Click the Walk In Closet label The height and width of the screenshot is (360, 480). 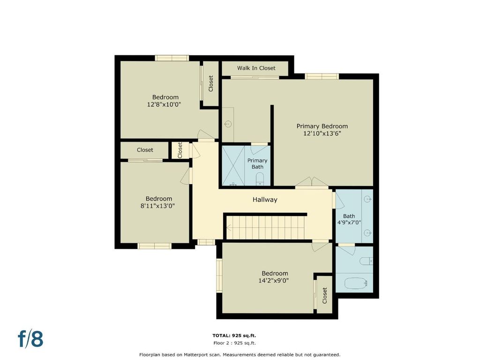256,68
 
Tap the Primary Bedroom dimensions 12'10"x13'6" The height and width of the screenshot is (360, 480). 322,134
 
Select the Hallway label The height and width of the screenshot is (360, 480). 265,200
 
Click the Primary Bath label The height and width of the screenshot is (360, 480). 257,164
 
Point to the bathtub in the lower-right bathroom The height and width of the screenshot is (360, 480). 356,283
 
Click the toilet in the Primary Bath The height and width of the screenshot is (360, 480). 260,179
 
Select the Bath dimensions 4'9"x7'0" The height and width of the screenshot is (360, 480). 349,223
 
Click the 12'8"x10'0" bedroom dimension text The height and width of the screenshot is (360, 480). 164,105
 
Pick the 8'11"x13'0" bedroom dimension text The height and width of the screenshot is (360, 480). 157,206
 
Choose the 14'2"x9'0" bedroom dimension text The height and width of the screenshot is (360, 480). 274,280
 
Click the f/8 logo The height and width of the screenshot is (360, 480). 30,338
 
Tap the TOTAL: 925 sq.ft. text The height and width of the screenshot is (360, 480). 234,336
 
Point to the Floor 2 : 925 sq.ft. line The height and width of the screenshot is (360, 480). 234,343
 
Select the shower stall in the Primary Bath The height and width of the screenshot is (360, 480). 233,165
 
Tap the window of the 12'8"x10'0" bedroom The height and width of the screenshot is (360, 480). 172,58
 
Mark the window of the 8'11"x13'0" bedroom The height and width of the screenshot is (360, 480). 154,246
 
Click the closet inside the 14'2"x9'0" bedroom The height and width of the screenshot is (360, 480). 324,295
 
